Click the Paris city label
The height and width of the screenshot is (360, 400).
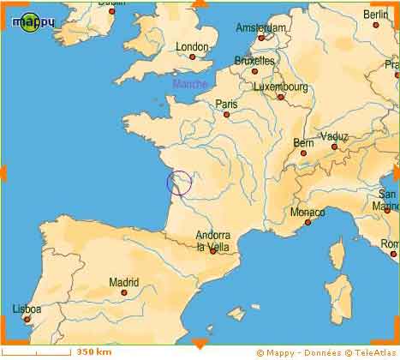(226, 103)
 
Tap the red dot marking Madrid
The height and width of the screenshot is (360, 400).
(124, 292)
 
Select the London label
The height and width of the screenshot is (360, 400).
(192, 46)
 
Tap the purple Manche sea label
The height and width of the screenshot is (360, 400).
(189, 83)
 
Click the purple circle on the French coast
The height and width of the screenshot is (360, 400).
(179, 183)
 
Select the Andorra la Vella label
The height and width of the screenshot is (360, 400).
(212, 241)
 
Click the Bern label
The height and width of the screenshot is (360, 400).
(303, 142)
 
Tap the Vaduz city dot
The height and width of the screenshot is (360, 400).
(333, 147)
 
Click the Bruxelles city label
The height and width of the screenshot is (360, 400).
(254, 61)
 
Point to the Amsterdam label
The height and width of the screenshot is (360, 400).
(260, 27)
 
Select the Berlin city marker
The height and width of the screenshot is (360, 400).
(375, 25)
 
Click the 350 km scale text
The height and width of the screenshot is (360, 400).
(94, 351)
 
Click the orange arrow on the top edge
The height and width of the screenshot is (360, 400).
(200, 4)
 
